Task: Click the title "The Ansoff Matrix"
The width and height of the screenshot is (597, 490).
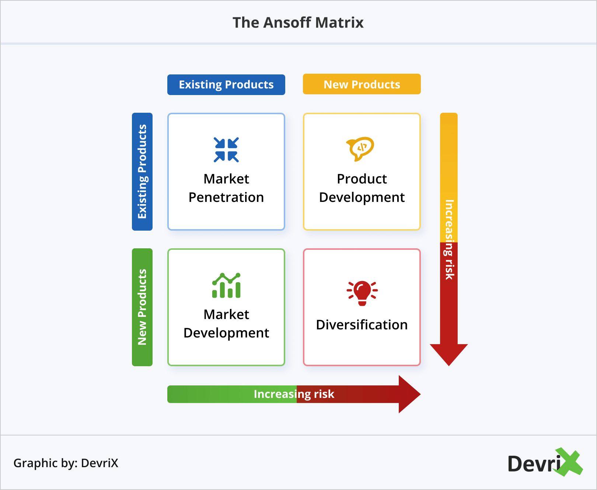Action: point(298,22)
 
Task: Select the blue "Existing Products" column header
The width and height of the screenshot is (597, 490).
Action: point(226,85)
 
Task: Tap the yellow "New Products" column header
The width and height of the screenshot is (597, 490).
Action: point(362,84)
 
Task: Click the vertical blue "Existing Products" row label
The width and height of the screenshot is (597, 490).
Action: point(142,171)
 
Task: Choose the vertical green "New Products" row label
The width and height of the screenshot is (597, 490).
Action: point(142,307)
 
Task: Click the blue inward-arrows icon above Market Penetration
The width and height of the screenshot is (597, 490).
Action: point(226,150)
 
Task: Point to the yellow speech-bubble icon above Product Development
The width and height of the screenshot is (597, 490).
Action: point(360,148)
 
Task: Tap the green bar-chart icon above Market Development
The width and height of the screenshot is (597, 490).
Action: point(226,286)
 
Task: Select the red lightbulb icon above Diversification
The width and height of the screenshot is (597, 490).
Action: point(362,293)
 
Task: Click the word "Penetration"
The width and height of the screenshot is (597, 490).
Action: point(226,197)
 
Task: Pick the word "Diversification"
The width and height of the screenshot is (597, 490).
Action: point(362,325)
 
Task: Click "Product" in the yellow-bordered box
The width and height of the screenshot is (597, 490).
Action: point(362,179)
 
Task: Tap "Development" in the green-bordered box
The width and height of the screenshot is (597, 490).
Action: point(226,333)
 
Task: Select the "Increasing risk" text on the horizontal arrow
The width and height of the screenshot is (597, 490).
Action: point(294,394)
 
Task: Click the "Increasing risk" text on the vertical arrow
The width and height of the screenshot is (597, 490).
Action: point(449,239)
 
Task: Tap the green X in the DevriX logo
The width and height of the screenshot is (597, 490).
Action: point(569,462)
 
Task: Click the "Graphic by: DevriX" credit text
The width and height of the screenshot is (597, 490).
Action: point(66,463)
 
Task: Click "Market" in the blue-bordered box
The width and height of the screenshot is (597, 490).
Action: point(226,179)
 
